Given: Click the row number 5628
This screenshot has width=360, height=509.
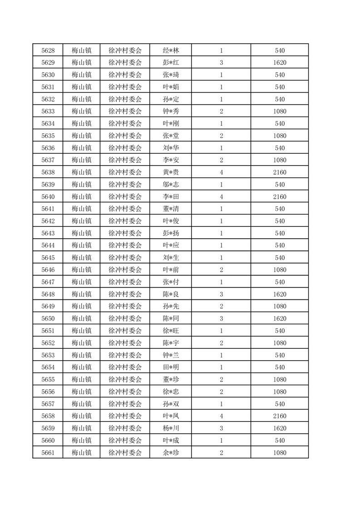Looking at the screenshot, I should [48, 50].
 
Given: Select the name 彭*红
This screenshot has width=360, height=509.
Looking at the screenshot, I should [171, 63].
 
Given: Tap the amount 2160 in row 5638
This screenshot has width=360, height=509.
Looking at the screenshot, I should [280, 172].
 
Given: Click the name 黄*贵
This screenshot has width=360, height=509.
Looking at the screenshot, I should [171, 172].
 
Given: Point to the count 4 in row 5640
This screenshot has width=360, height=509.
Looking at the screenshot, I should [221, 196].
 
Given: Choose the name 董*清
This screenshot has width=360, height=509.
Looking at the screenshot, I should [171, 209].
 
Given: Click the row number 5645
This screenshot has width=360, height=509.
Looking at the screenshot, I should [48, 257].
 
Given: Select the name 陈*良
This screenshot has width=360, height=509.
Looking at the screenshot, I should [171, 294].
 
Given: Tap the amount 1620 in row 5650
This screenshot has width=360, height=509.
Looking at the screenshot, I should [280, 318].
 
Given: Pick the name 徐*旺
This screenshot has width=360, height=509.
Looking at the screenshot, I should [171, 331].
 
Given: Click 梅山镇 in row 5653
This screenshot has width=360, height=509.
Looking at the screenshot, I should [82, 355].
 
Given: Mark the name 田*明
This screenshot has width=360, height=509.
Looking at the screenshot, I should [171, 367].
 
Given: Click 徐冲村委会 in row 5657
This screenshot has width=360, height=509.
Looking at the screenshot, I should [125, 404].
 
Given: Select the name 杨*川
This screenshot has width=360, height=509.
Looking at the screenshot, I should [171, 428].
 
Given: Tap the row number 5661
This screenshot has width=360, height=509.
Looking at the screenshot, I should [48, 452].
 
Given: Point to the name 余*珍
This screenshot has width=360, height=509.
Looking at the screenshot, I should [171, 452].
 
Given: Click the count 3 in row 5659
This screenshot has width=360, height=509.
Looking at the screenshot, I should [221, 428].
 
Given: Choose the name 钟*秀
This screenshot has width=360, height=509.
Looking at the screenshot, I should [171, 111].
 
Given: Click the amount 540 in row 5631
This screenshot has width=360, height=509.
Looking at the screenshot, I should [280, 87].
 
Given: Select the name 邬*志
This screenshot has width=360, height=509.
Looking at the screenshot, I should [171, 184].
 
